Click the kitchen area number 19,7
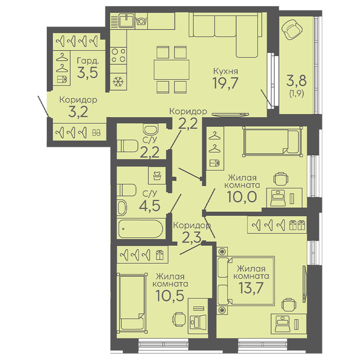pyautogui.click(x=226, y=83)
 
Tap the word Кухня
pyautogui.click(x=226, y=71)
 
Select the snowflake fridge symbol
pyautogui.click(x=118, y=82)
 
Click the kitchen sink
pyautogui.click(x=126, y=20)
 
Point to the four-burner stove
pyautogui.click(x=118, y=56)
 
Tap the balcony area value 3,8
pyautogui.click(x=296, y=81)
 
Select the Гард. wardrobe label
pyautogui.click(x=88, y=61)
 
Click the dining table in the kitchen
pyautogui.click(x=171, y=69)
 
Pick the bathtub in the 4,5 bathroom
pyautogui.click(x=140, y=229)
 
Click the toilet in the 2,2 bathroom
pyautogui.click(x=128, y=146)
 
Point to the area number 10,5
pyautogui.click(x=170, y=295)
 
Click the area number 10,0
pyautogui.click(x=242, y=197)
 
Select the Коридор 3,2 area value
pyautogui.click(x=78, y=112)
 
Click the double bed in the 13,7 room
pyautogui.click(x=246, y=281)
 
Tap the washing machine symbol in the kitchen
pyautogui.click(x=141, y=21)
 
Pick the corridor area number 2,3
pyautogui.click(x=191, y=237)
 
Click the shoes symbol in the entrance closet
pyautogui.click(x=96, y=133)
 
